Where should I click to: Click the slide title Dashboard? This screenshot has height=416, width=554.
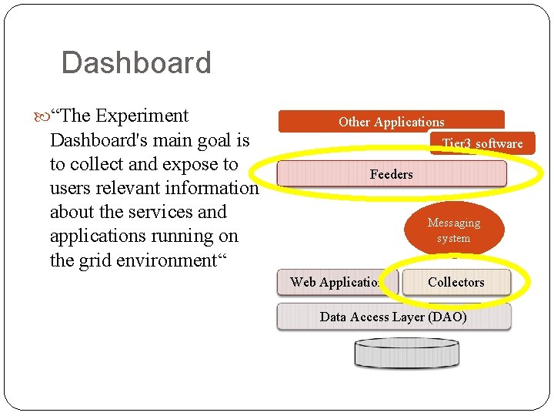pyautogui.click(x=135, y=63)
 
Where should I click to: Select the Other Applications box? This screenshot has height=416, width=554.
pyautogui.click(x=391, y=121)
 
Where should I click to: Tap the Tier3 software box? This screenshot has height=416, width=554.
pyautogui.click(x=482, y=143)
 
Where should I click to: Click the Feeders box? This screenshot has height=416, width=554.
pyautogui.click(x=391, y=174)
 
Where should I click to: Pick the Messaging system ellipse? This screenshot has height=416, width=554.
pyautogui.click(x=454, y=230)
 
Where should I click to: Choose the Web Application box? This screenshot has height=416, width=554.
pyautogui.click(x=336, y=282)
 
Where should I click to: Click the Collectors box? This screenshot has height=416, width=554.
pyautogui.click(x=456, y=282)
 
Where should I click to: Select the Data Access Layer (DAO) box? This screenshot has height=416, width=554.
pyautogui.click(x=393, y=317)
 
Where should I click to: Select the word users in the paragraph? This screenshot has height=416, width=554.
pyautogui.click(x=72, y=188)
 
